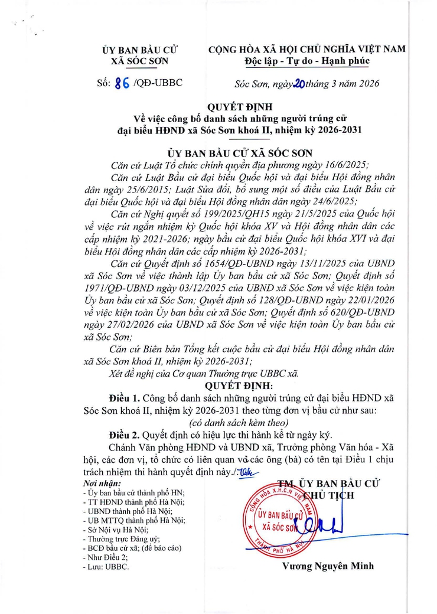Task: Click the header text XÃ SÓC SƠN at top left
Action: tap(139, 61)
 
